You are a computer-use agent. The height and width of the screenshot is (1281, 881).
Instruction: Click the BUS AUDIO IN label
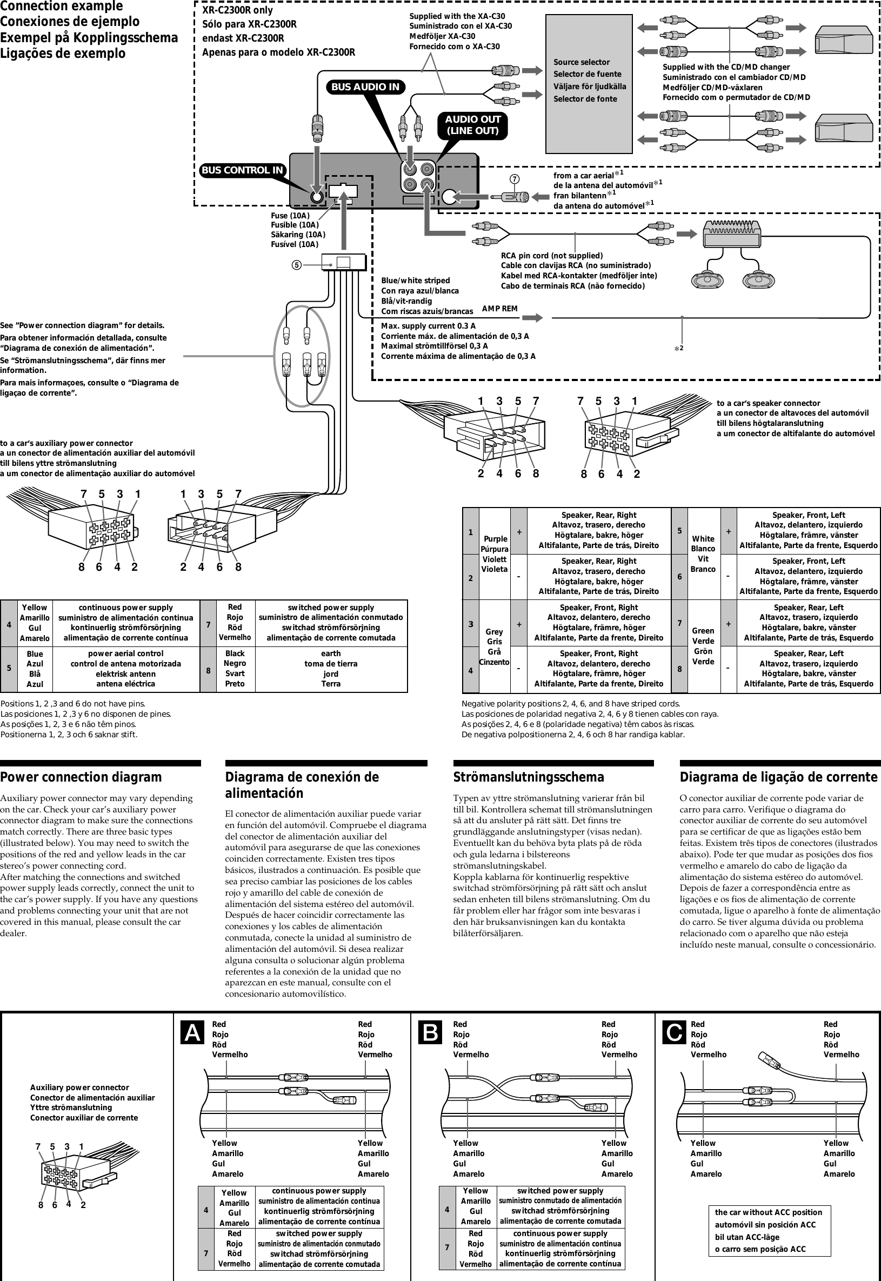365,87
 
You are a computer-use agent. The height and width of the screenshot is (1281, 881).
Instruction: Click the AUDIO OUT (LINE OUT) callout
472,125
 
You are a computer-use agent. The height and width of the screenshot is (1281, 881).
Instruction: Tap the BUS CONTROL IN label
242,171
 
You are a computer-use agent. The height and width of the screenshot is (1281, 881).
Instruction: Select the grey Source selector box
589,84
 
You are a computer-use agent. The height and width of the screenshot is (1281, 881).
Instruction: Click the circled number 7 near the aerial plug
515,179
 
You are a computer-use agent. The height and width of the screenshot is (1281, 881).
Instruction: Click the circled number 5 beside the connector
296,265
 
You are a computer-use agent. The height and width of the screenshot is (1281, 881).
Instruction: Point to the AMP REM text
499,309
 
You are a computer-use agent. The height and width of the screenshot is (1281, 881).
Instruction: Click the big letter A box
192,1032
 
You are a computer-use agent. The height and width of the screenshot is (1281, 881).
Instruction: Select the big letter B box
431,1032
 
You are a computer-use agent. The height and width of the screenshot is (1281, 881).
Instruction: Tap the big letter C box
674,1032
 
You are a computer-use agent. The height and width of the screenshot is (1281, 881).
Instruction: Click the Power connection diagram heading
81,777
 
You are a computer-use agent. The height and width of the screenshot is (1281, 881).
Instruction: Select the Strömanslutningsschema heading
528,777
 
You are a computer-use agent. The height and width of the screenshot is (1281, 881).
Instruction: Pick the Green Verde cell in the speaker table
703,646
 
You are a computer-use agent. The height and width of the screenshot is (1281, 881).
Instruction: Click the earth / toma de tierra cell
331,669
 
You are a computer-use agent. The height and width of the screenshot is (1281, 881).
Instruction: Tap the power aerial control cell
125,669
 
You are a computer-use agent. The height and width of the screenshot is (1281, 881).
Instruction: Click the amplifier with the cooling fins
731,234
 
